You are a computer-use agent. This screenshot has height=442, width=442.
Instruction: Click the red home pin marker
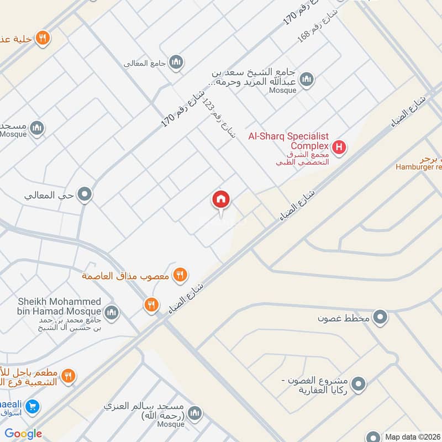[x=221, y=200]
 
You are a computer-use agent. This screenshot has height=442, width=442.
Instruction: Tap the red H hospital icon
[x=339, y=148]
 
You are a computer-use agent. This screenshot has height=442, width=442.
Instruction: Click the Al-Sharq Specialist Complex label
[x=289, y=140]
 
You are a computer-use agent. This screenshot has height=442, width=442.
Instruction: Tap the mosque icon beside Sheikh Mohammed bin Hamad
[x=112, y=313]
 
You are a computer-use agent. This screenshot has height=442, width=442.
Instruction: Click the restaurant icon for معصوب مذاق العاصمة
[x=180, y=274]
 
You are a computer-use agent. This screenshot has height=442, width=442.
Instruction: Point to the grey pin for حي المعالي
[x=85, y=194]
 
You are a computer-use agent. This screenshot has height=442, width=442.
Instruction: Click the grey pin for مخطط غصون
[x=380, y=317]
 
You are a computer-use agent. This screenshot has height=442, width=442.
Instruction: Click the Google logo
[x=23, y=434]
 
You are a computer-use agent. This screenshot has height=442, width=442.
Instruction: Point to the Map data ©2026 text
[x=412, y=436]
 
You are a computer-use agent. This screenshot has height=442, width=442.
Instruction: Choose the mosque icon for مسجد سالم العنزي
[x=194, y=413]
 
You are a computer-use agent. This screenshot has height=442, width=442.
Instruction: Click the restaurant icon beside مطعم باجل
[x=68, y=376]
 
